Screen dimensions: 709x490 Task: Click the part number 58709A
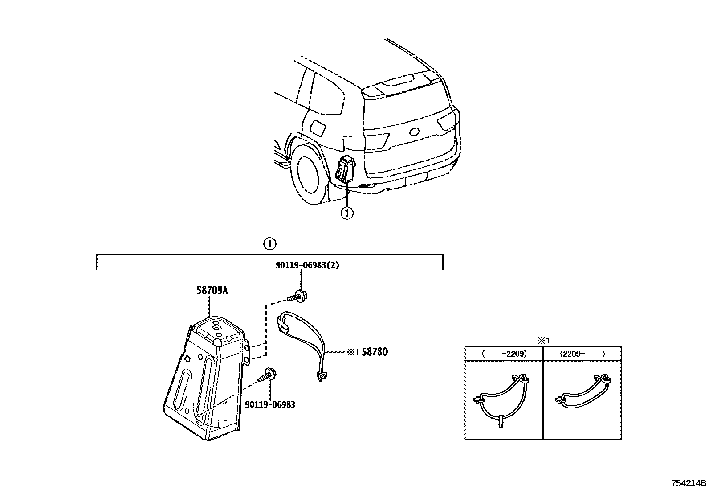212,290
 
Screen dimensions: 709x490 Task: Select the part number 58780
375,352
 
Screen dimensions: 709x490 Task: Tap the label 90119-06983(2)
307,265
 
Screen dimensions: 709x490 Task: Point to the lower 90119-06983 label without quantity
270,404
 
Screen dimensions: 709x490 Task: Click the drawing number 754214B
689,483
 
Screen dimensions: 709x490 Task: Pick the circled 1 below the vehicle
347,213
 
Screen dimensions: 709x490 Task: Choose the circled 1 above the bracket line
270,244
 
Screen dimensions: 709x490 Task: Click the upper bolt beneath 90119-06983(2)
297,296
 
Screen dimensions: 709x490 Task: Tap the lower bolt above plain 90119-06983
268,375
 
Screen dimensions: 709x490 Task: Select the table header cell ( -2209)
504,354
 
